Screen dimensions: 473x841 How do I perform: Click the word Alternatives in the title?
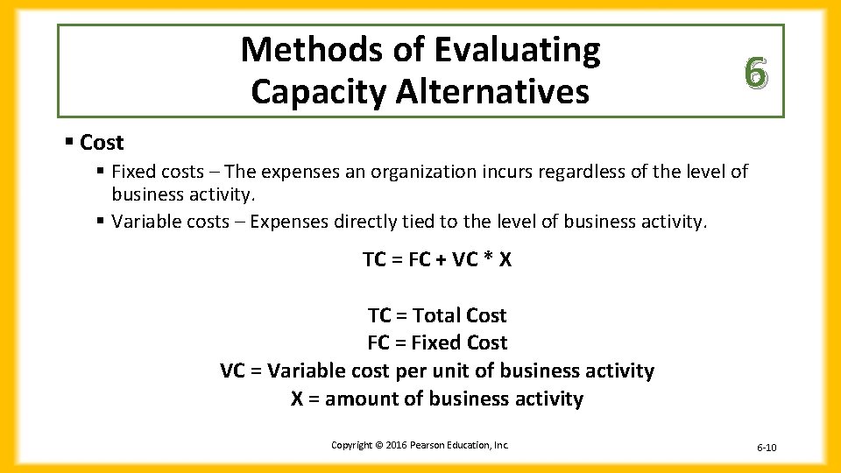tap(491, 91)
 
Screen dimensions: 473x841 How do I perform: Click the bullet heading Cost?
tap(102, 142)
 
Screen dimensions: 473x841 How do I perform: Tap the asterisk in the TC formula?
tap(485, 259)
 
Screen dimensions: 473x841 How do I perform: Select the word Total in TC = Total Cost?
tap(436, 315)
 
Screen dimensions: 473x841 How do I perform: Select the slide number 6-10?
tap(766, 448)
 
